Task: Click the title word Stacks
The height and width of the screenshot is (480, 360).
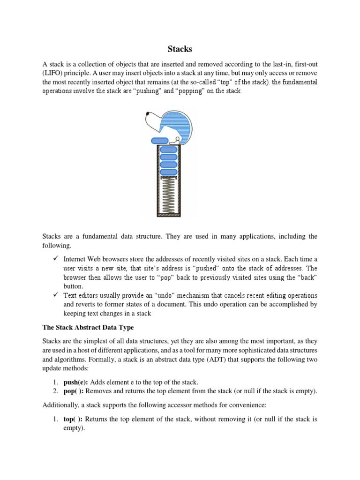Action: [180, 48]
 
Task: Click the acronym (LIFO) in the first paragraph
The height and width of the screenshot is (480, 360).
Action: [55, 74]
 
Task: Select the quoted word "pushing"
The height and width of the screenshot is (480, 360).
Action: [143, 91]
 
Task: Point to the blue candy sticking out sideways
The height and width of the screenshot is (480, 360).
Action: [159, 141]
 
